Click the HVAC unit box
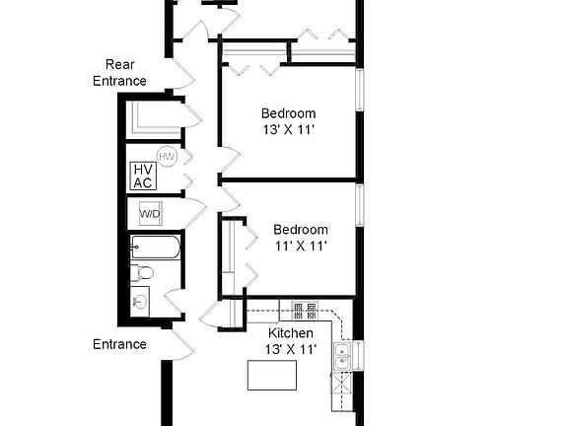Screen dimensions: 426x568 (142, 176)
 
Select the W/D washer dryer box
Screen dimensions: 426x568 (150, 213)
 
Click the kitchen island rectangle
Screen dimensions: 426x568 (271, 376)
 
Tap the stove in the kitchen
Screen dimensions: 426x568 (299, 312)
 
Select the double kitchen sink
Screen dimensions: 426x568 (342, 357)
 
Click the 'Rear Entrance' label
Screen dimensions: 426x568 (119, 73)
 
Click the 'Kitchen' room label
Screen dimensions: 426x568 (292, 333)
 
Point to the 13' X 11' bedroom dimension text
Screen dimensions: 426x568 (289, 129)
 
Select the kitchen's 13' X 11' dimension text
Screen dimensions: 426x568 (292, 348)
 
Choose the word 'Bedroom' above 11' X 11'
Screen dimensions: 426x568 (300, 230)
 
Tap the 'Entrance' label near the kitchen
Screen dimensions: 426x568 (119, 344)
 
